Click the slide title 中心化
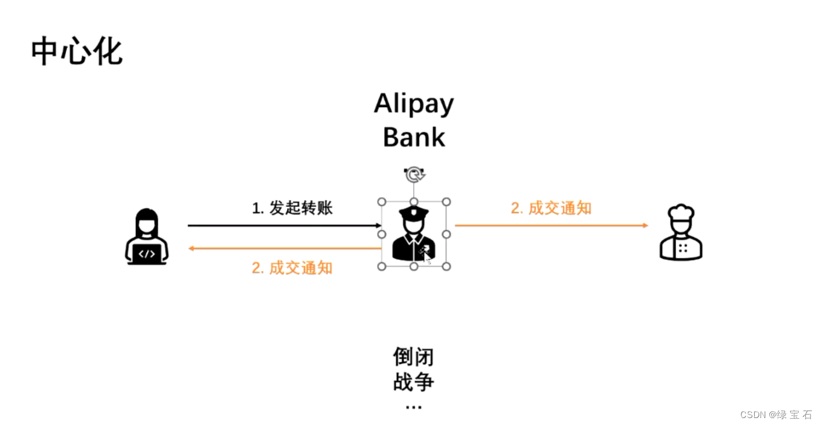(x=77, y=51)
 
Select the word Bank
(x=414, y=137)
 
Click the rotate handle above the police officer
(x=414, y=174)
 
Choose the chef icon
(x=681, y=233)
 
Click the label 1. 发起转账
(x=292, y=208)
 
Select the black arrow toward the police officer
(x=284, y=225)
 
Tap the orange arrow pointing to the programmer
(x=284, y=248)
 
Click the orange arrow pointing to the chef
(x=551, y=225)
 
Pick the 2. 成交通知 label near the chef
(x=551, y=208)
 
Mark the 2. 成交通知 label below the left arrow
(x=292, y=268)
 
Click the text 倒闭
(x=414, y=357)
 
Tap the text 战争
(x=414, y=383)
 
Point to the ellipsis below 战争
(x=414, y=406)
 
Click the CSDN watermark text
(x=776, y=415)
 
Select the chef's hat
(x=681, y=212)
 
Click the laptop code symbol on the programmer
(x=147, y=254)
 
